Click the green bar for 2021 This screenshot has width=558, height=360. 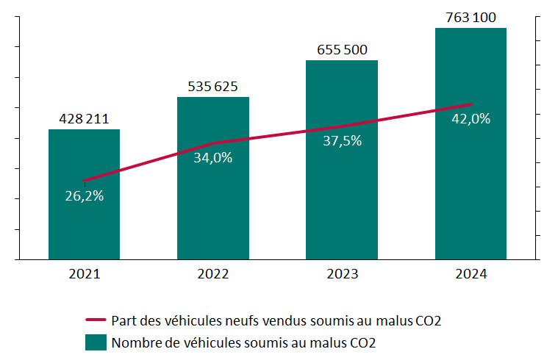[x=85, y=220]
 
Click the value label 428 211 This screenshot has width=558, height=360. [x=85, y=119]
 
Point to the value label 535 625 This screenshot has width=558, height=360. [x=213, y=86]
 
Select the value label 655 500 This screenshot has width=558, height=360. [x=342, y=50]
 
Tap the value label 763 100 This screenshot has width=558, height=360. [x=471, y=17]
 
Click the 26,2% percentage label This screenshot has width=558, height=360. [x=85, y=196]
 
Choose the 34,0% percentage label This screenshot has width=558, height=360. [x=213, y=157]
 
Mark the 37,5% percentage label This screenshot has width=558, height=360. [x=342, y=141]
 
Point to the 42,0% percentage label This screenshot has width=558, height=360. [x=471, y=118]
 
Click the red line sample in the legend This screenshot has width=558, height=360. [x=96, y=320]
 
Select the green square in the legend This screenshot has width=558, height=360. [x=96, y=342]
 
